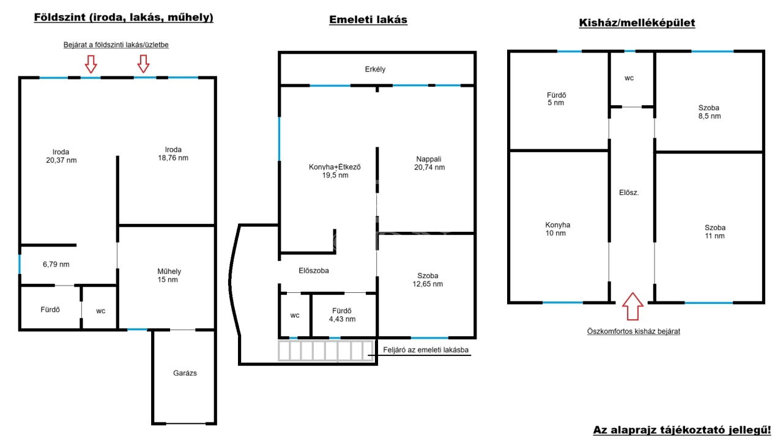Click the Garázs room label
coord(185,373)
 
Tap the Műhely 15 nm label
coord(169,275)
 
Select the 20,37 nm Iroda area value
coord(61,160)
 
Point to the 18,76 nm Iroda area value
coord(173,158)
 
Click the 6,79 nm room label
coord(56,264)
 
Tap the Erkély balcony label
coord(375,69)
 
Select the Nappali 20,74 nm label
coord(429,163)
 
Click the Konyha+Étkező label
coord(335,167)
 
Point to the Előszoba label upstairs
coord(314,270)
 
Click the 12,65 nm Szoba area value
coord(428,284)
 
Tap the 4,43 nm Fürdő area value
coord(342,319)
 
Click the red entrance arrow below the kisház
coord(633,306)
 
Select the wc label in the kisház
coord(629,78)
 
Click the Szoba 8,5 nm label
coord(709,112)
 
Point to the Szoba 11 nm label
coord(715,232)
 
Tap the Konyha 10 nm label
coord(557,229)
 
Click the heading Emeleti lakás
coord(368,20)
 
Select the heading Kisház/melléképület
coord(637,23)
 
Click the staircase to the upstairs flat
coord(326,350)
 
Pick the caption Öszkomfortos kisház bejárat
coord(633,331)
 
